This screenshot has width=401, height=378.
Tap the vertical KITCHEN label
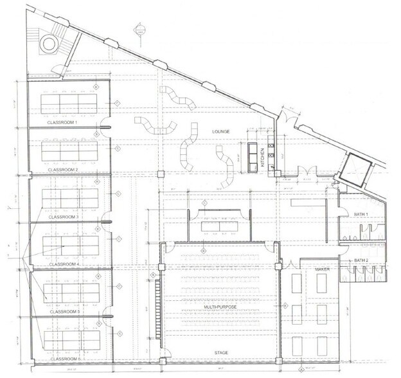(x=263, y=157)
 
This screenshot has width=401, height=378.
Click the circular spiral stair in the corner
(x=49, y=43)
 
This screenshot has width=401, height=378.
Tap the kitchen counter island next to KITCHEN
(x=252, y=157)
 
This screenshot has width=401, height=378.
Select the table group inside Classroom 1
(x=63, y=103)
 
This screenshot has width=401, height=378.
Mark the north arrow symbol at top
(x=138, y=29)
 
